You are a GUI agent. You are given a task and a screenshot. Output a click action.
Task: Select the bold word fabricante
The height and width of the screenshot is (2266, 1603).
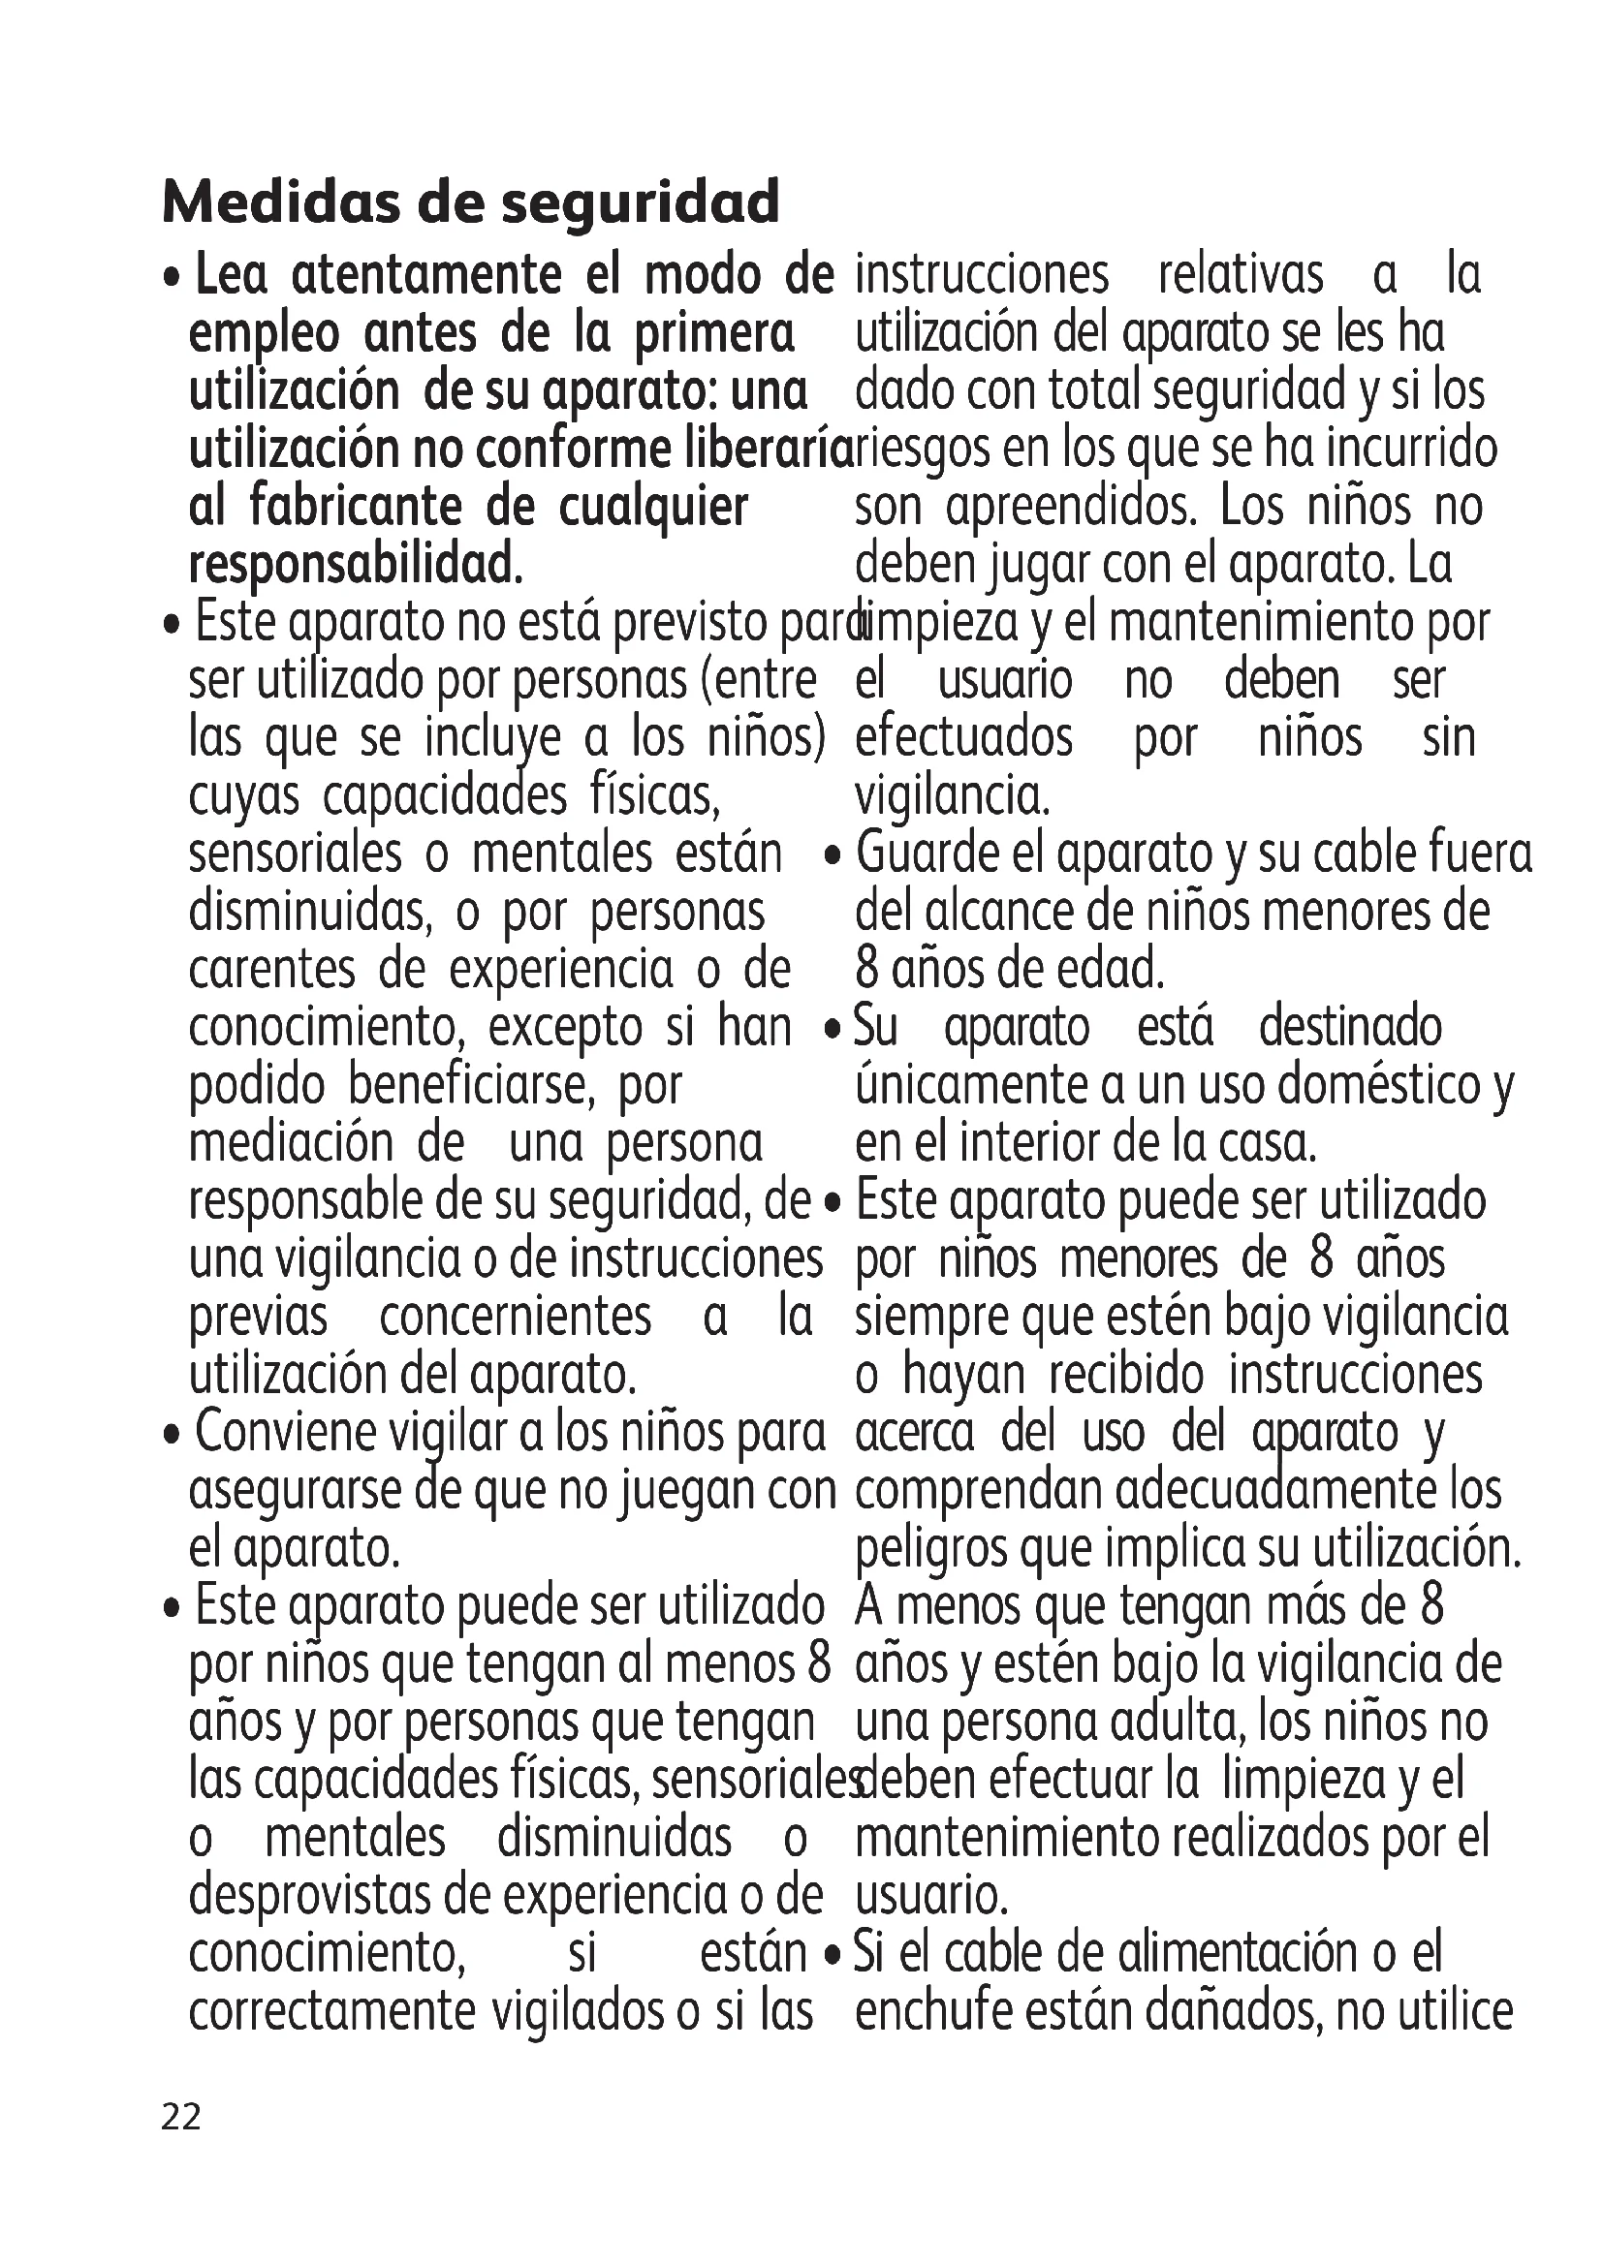coord(355,508)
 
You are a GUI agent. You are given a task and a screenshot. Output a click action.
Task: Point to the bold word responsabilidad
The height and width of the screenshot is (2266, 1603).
coord(355,566)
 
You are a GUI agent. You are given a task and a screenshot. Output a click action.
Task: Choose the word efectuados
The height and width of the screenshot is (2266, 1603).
coord(963,737)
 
